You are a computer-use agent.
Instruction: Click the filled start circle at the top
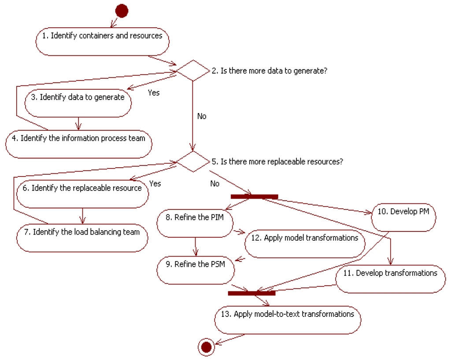tap(121, 11)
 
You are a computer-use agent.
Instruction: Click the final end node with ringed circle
tap(205, 347)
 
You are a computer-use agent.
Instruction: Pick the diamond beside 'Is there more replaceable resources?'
tap(192, 161)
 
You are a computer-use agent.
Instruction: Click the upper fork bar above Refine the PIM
tap(254, 197)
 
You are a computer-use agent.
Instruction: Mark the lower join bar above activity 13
tap(251, 293)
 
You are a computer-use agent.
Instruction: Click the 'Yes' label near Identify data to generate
tap(153, 93)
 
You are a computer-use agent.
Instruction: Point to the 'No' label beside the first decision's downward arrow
tap(201, 116)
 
